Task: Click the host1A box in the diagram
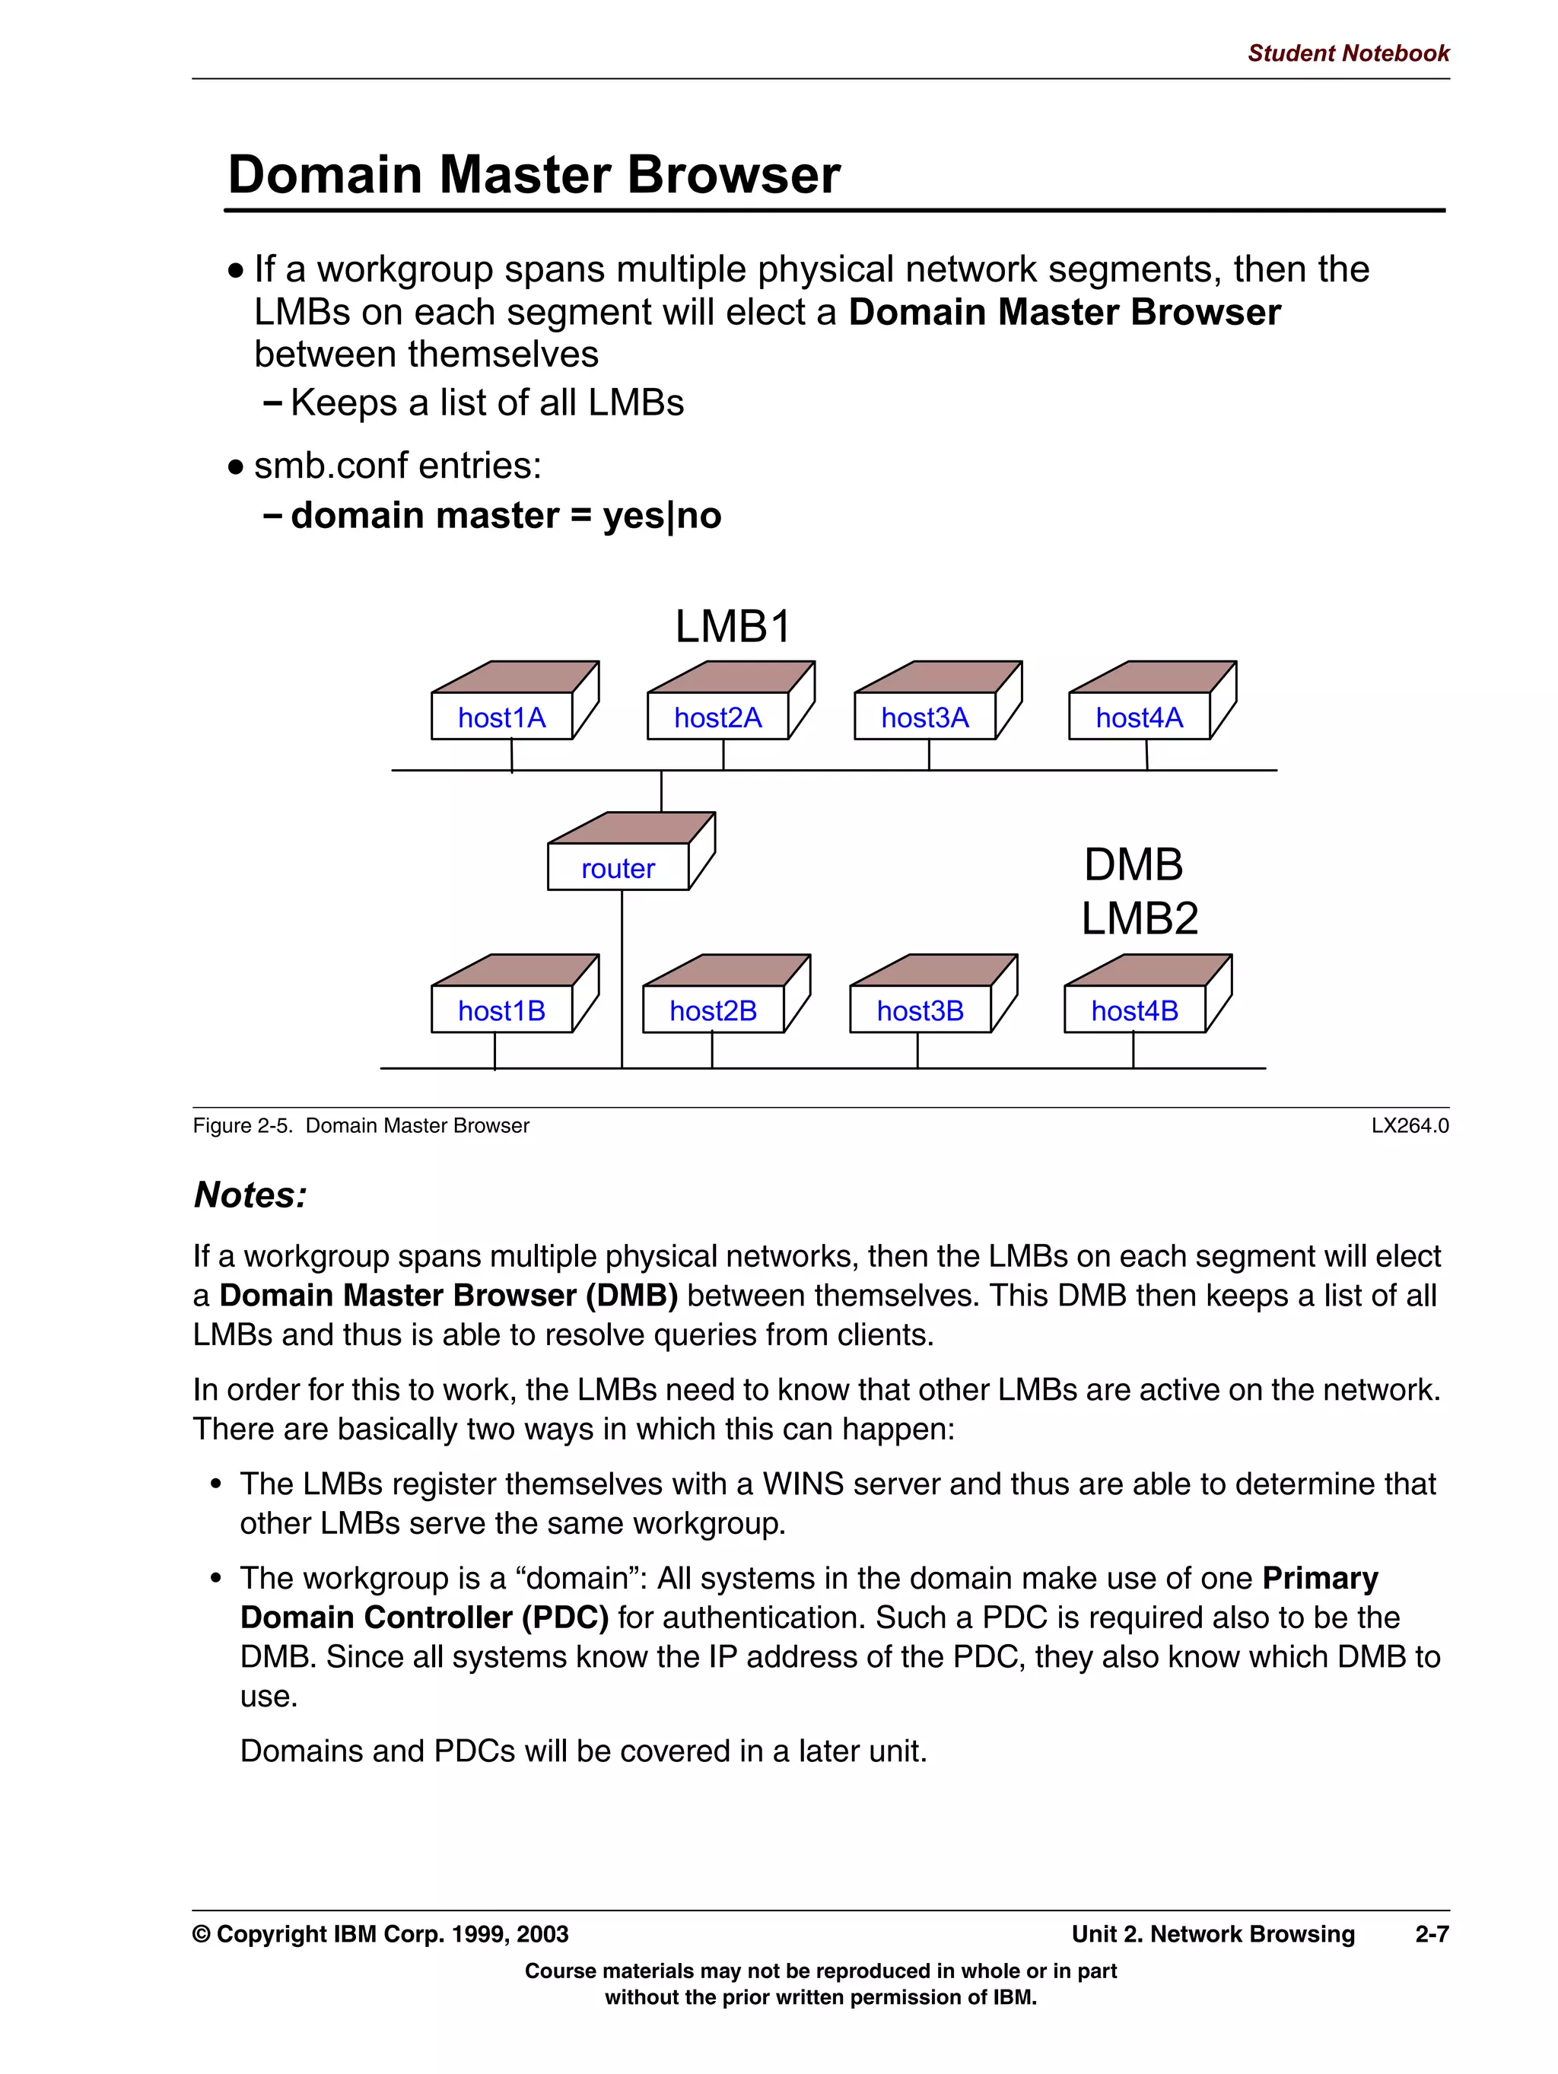[x=501, y=717]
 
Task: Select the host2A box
[x=717, y=717]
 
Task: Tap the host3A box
[x=924, y=717]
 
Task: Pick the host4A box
[x=1139, y=717]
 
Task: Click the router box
[x=618, y=868]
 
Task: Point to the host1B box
[x=501, y=1010]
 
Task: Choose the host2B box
[x=713, y=1010]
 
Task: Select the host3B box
[x=920, y=1010]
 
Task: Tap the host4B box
[x=1134, y=1010]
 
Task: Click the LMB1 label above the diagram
[x=733, y=626]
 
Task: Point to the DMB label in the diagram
[x=1134, y=864]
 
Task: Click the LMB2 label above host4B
[x=1139, y=918]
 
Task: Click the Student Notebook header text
[x=1347, y=53]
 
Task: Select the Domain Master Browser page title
[x=534, y=174]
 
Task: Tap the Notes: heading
[x=250, y=1194]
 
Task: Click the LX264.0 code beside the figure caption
[x=1409, y=1125]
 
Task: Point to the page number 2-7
[x=1432, y=1933]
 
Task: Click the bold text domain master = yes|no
[x=505, y=516]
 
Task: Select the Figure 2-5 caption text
[x=361, y=1125]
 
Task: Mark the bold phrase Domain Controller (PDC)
[x=424, y=1617]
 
